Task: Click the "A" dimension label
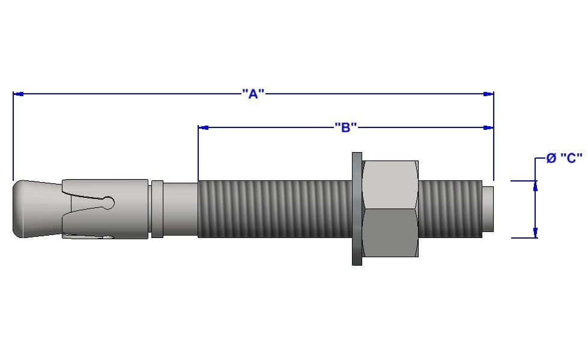pos(253,94)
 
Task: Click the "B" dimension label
pos(345,127)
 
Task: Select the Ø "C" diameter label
pos(564,158)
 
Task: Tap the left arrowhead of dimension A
pos(19,94)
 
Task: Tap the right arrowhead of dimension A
pos(488,94)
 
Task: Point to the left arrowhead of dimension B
pos(204,127)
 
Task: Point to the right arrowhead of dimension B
pos(488,127)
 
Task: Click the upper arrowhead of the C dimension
pos(536,186)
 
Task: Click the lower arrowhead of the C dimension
pos(536,232)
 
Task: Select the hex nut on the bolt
pos(390,209)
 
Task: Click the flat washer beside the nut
pos(357,209)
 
